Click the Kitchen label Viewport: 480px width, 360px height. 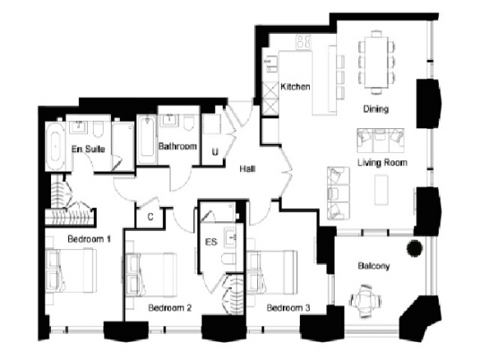click(x=295, y=86)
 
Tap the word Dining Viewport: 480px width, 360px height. click(x=376, y=109)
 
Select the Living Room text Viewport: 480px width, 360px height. click(x=382, y=162)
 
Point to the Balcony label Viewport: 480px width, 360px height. click(x=374, y=265)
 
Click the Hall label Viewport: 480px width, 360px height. click(x=247, y=168)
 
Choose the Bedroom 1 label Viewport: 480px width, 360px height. click(x=89, y=239)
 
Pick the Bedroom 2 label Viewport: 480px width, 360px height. click(x=170, y=307)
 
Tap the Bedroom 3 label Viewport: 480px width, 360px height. click(x=288, y=307)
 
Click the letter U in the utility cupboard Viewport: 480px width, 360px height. click(x=215, y=152)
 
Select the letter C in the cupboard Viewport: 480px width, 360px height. click(x=150, y=217)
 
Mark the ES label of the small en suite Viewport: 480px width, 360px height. click(x=211, y=242)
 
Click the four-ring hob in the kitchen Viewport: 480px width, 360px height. click(x=303, y=41)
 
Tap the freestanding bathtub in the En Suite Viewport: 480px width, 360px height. click(x=55, y=146)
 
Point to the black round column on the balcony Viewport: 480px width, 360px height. click(x=414, y=247)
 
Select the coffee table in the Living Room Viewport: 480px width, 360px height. click(x=381, y=190)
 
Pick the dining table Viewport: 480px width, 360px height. click(x=376, y=62)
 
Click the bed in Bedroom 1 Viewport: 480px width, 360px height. click(x=71, y=270)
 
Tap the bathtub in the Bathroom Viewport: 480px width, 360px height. click(x=147, y=140)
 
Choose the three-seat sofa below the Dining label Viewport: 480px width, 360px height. click(x=381, y=141)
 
